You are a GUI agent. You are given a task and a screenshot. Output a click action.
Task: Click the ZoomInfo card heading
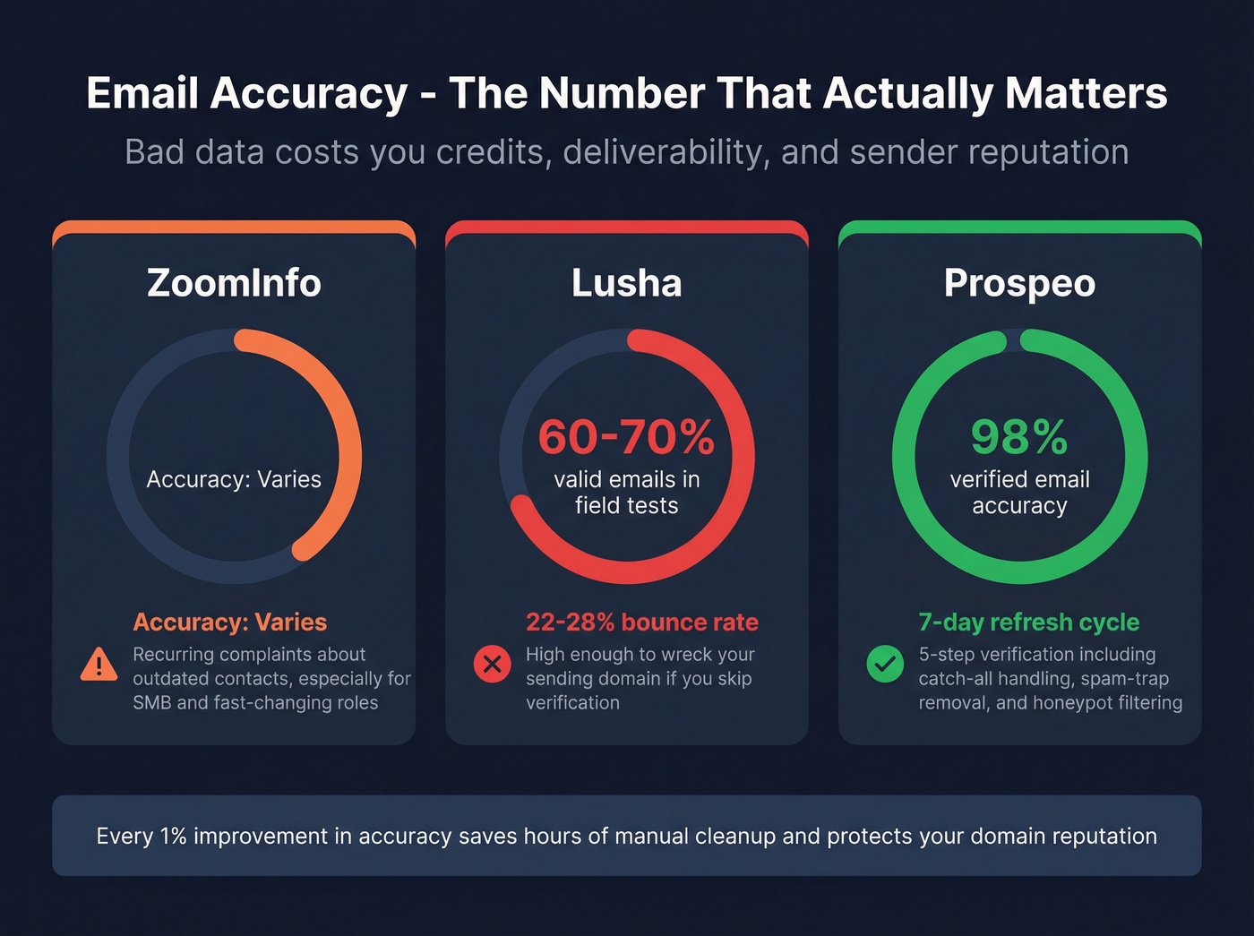click(x=234, y=283)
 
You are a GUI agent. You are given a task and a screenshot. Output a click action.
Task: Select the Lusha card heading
click(x=626, y=283)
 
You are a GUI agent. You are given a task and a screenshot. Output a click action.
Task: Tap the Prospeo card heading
click(x=1019, y=283)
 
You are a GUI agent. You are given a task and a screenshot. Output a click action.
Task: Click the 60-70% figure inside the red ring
click(x=626, y=437)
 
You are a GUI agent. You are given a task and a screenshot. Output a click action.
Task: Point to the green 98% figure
click(x=1019, y=437)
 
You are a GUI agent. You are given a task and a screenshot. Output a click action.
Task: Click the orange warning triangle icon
click(x=99, y=665)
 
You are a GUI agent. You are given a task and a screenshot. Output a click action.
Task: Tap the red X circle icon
click(x=492, y=665)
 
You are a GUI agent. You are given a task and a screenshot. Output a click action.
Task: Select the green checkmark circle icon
click(x=885, y=665)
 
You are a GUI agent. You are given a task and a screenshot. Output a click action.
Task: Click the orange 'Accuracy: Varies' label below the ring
click(x=230, y=622)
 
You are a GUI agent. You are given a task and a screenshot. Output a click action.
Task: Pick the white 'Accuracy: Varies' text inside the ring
click(x=234, y=479)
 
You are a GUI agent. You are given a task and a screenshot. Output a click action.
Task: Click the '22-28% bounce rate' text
click(x=642, y=622)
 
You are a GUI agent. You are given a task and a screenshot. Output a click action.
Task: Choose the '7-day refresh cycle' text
click(x=1029, y=622)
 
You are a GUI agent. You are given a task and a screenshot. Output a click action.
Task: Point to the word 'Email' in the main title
click(x=143, y=93)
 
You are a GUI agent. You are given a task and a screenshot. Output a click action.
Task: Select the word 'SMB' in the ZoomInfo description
click(x=152, y=703)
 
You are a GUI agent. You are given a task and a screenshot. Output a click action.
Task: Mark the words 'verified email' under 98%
click(x=1019, y=479)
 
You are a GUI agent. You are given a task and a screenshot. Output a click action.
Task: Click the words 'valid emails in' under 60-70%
click(x=626, y=479)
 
